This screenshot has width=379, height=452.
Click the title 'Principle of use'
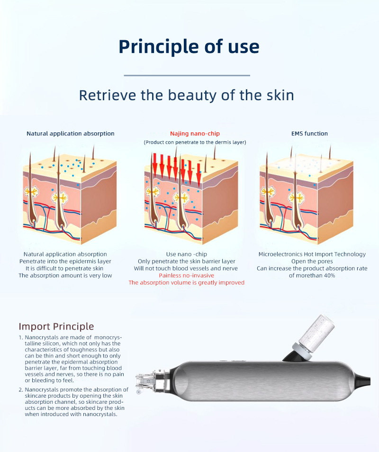coord(189,46)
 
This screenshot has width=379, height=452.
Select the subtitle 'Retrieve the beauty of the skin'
coord(186,95)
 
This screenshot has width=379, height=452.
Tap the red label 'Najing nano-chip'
coord(195,134)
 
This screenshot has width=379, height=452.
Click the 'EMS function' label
coord(309,134)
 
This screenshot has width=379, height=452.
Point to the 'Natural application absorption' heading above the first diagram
coord(70,134)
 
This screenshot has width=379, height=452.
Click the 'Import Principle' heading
coord(56,326)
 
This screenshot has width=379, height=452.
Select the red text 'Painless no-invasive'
coord(186,275)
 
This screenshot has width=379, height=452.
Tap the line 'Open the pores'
coord(312,261)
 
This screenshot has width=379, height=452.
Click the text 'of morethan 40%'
coord(312,275)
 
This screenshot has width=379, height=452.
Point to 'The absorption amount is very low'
coord(65,275)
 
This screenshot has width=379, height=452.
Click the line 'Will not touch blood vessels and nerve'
coord(186,269)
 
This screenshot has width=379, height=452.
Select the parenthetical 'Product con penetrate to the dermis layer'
coord(195,142)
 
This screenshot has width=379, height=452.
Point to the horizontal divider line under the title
coord(187,75)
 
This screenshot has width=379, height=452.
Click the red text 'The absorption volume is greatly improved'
coord(186,282)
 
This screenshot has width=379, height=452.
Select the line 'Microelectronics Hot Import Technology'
coord(312,254)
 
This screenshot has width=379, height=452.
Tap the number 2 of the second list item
coord(20,390)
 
